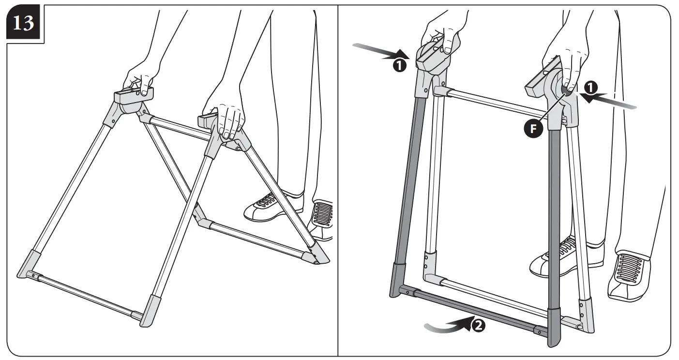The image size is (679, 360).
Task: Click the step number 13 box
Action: [23, 23]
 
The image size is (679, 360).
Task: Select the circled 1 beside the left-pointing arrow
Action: [589, 88]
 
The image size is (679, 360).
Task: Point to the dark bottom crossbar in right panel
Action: [474, 310]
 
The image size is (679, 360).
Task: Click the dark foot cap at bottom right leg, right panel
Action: [555, 327]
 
